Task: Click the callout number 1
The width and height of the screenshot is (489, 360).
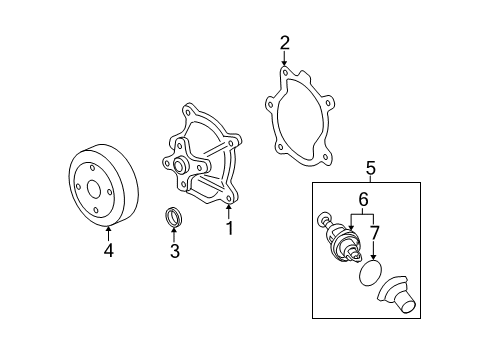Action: [229, 229]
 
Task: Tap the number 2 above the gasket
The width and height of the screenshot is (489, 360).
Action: [285, 42]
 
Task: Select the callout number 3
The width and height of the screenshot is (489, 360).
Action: [174, 251]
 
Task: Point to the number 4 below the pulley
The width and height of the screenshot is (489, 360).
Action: [109, 251]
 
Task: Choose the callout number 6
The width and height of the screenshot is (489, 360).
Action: [364, 200]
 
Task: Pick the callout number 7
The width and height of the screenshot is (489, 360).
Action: [375, 233]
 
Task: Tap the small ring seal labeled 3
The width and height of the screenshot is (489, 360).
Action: [173, 216]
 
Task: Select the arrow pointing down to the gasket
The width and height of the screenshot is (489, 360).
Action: [285, 62]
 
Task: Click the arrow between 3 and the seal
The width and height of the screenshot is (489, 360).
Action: [174, 235]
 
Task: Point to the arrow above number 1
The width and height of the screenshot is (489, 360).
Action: [229, 212]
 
